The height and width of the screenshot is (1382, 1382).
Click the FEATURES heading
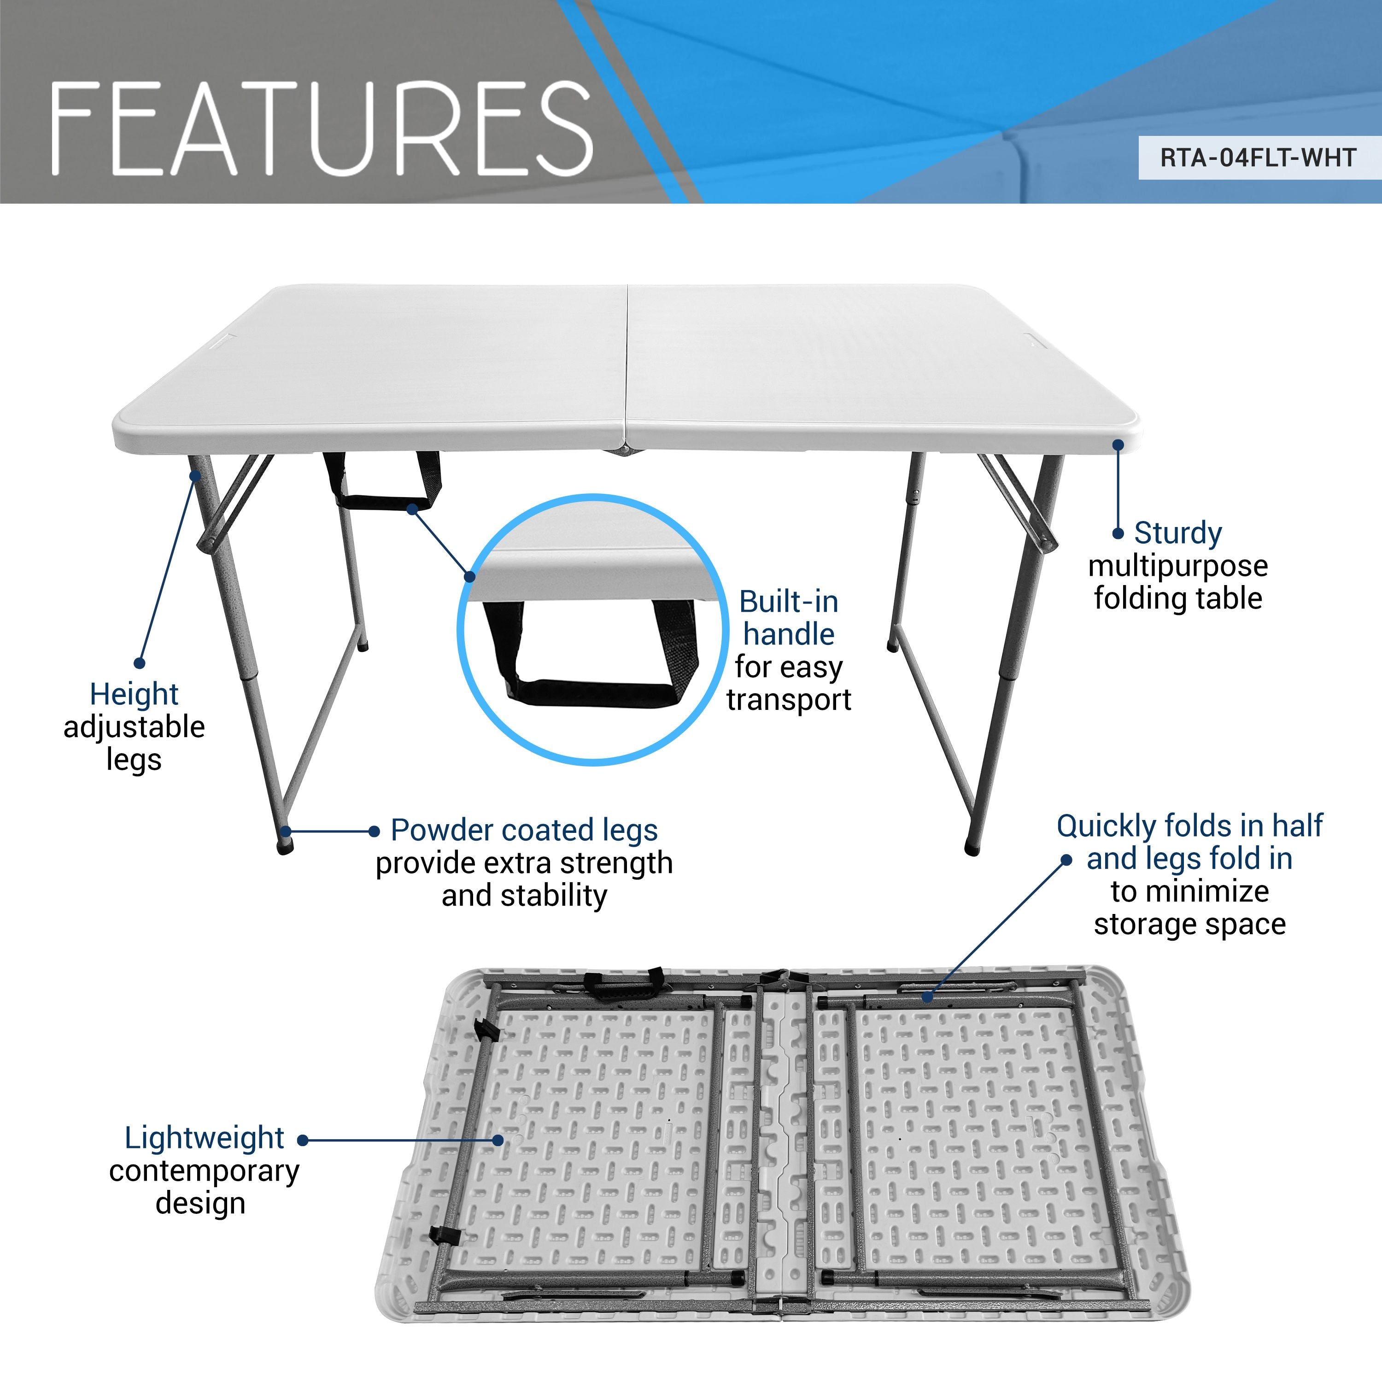(x=322, y=129)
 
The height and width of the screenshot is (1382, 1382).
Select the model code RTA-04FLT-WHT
(x=1258, y=158)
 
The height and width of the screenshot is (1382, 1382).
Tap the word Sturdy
(x=1177, y=533)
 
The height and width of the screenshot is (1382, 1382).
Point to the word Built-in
(x=788, y=602)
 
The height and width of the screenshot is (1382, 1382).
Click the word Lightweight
(x=204, y=1138)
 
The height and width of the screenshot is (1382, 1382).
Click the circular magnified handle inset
(x=591, y=629)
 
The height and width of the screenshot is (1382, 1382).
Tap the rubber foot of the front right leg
(x=972, y=849)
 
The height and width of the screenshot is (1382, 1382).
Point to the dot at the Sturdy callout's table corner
(x=1118, y=445)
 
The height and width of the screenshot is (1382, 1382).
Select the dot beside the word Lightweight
(x=303, y=1140)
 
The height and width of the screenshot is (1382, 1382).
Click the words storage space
(x=1189, y=924)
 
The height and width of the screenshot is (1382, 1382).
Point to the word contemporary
(x=204, y=1171)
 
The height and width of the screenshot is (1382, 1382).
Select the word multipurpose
(x=1177, y=566)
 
